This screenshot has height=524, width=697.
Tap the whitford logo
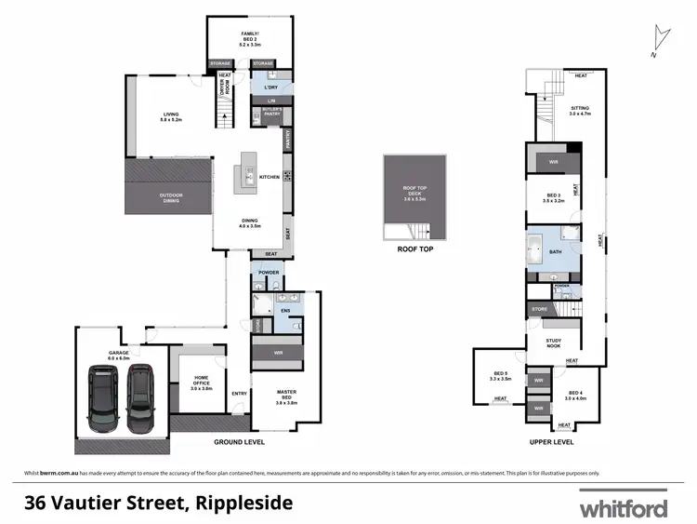[x=623, y=507]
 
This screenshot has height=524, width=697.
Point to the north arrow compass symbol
[x=660, y=40]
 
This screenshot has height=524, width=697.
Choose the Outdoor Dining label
[x=171, y=196]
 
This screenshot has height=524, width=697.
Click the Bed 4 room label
[x=576, y=396]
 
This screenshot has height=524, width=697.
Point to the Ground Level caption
[x=240, y=442]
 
